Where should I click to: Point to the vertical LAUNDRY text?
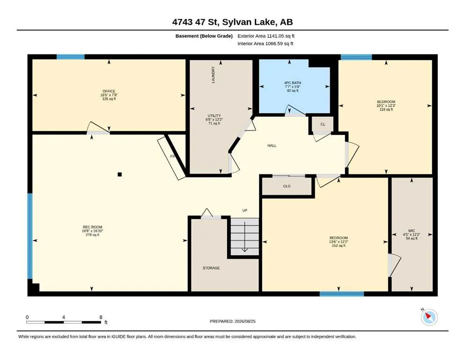pos(213,75)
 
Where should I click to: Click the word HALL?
pos(272,145)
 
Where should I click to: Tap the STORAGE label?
pos(211,268)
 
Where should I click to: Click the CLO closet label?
pos(287,186)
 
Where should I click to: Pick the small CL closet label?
pos(323,124)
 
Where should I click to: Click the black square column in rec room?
pos(119,174)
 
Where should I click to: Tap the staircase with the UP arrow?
pos(244,237)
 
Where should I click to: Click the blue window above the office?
pos(71,57)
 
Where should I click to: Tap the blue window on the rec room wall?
pos(30,236)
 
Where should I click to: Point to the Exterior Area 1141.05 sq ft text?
pos(266,36)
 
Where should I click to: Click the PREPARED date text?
pos(232,321)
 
